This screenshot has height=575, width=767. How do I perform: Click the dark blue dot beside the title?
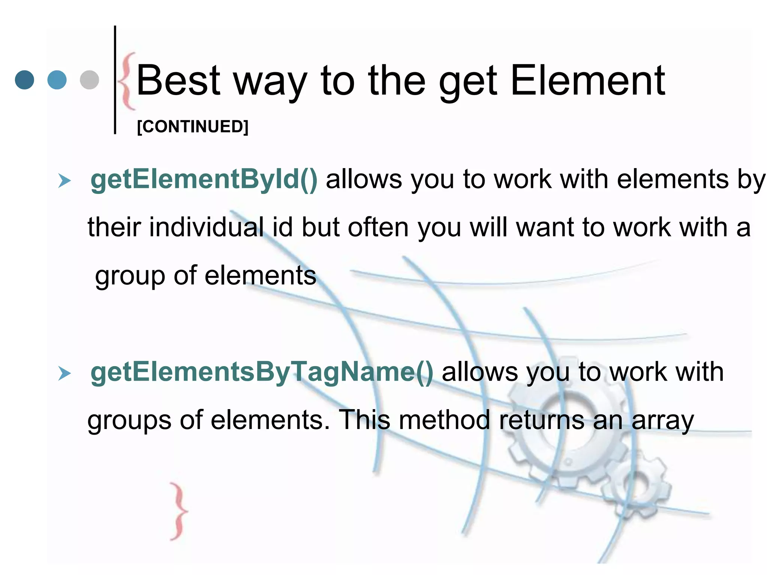24,80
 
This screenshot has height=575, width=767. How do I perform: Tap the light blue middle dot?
57,80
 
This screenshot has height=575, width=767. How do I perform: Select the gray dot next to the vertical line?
90,80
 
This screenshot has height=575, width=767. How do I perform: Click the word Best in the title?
179,80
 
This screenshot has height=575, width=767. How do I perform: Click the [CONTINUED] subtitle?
192,127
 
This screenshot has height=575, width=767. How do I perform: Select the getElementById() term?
204,179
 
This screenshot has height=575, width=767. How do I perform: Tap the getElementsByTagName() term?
262,372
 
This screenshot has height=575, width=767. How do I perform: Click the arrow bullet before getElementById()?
64,181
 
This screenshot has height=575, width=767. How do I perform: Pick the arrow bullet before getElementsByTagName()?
64,374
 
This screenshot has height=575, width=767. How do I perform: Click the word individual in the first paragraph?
206,227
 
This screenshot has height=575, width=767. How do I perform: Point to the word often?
378,227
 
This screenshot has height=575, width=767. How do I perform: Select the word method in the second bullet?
444,420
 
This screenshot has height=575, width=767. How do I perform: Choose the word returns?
542,420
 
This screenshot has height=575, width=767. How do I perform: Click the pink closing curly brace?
179,511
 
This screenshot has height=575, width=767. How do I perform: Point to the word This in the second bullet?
364,420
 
